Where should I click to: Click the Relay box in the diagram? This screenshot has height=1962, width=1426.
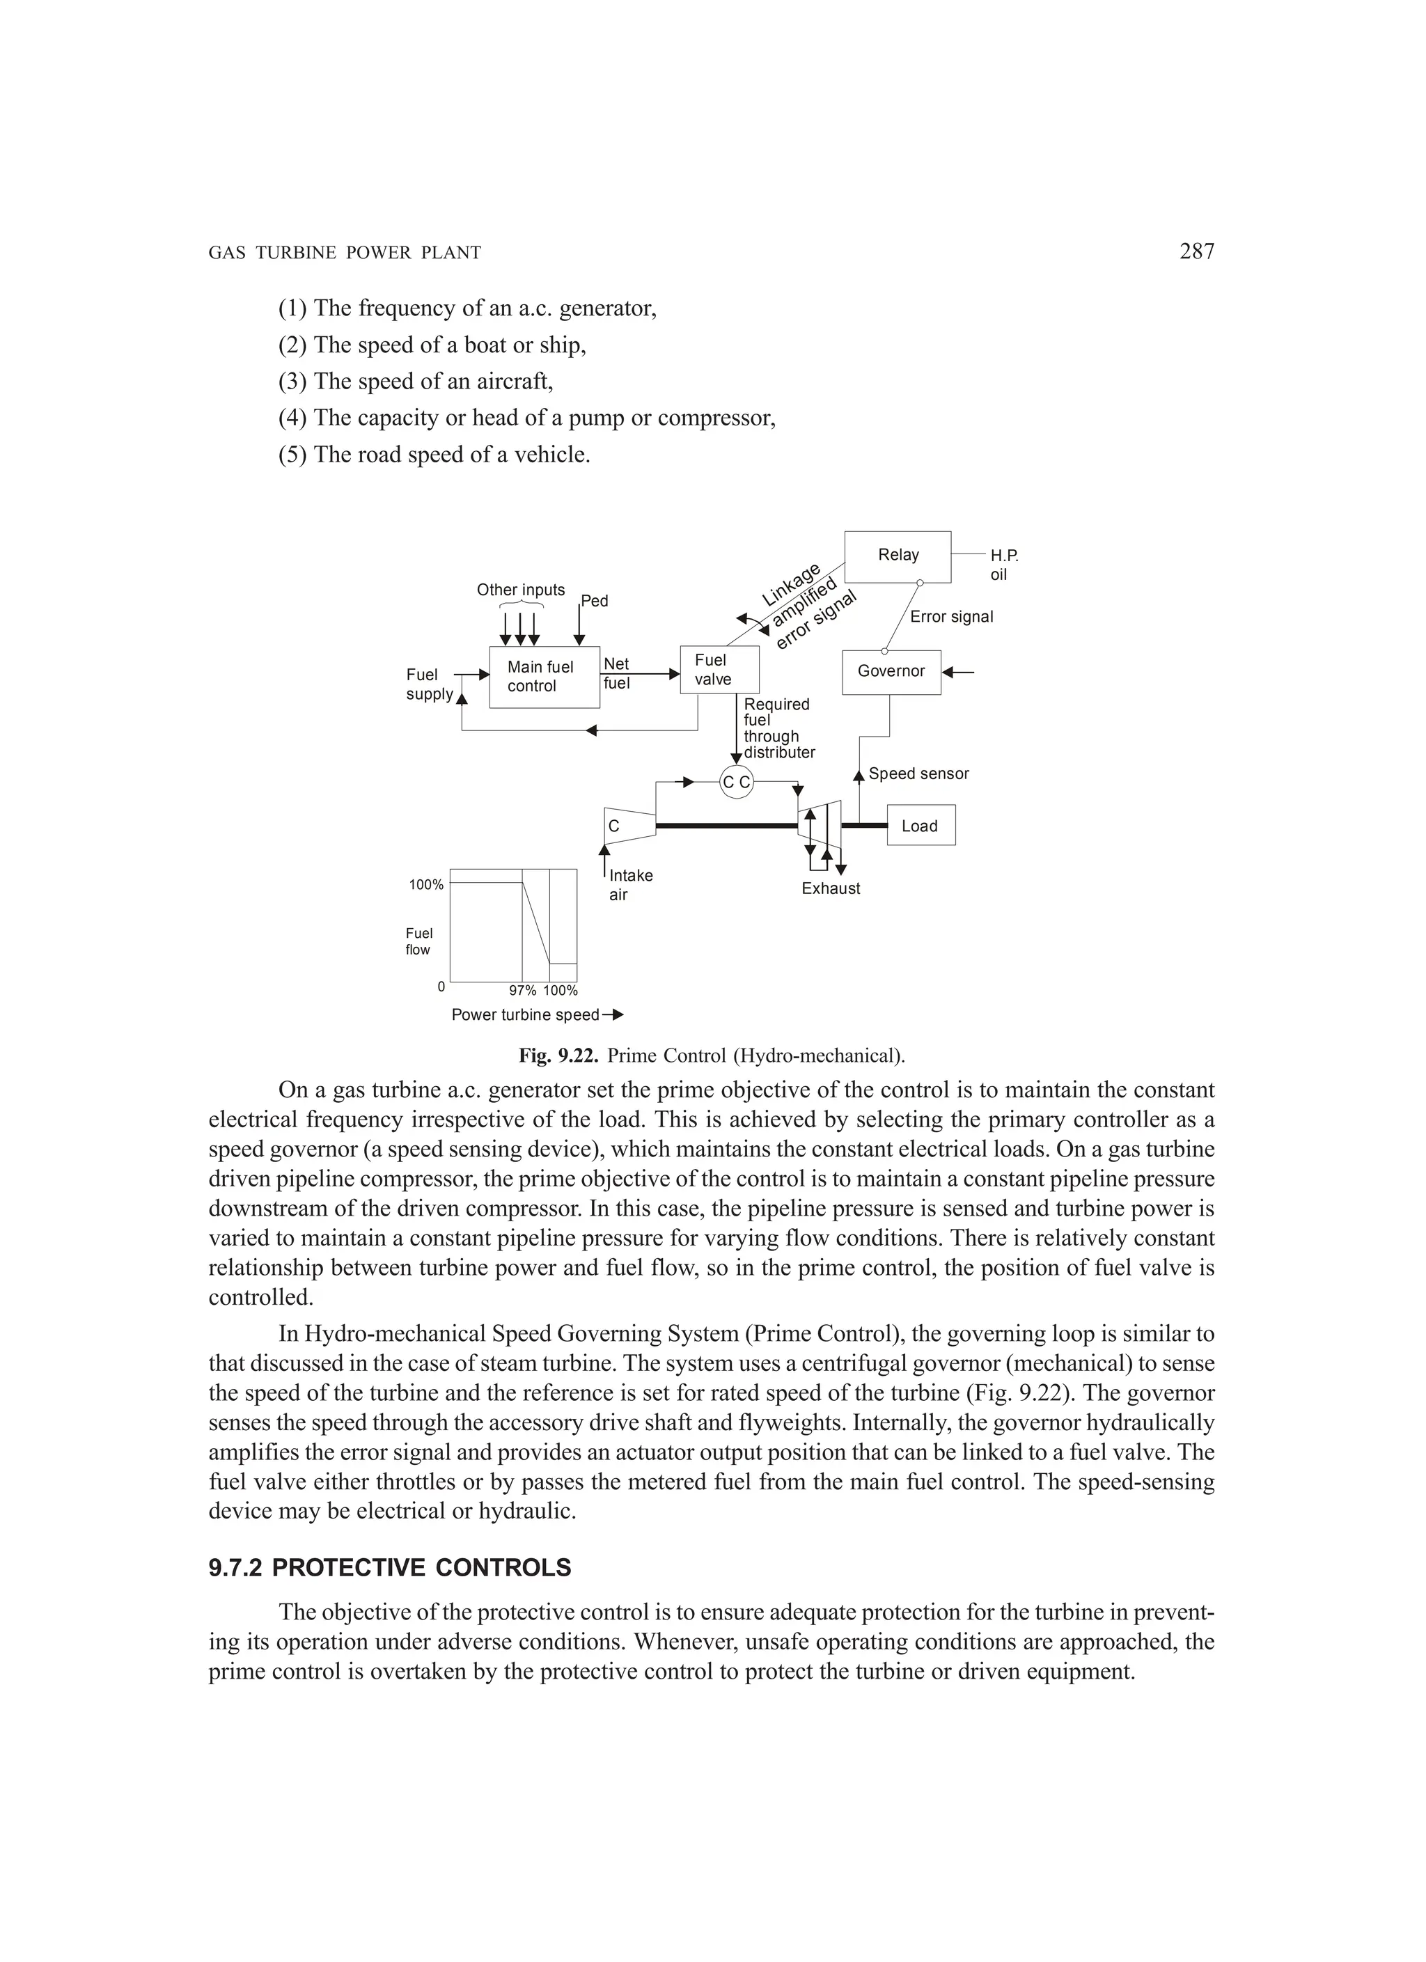click(898, 556)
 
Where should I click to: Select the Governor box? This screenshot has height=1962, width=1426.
click(891, 671)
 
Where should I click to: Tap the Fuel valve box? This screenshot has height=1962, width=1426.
click(719, 670)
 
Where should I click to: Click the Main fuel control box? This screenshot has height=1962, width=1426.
click(544, 677)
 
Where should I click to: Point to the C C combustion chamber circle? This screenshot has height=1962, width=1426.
click(737, 782)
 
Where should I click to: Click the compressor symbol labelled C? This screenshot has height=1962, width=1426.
click(629, 826)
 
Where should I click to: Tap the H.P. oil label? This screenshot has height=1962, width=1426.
click(1004, 565)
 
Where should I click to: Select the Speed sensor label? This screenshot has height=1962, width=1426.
click(918, 774)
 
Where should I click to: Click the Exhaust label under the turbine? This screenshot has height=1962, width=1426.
click(830, 888)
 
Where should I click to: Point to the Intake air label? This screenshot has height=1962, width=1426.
click(630, 884)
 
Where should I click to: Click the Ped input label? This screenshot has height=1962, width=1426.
click(595, 600)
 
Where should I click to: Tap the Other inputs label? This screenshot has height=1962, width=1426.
click(521, 590)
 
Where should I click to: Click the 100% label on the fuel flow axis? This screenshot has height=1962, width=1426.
click(425, 885)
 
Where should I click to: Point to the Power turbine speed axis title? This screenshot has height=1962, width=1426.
click(525, 1014)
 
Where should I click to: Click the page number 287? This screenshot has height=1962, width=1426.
click(1197, 252)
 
